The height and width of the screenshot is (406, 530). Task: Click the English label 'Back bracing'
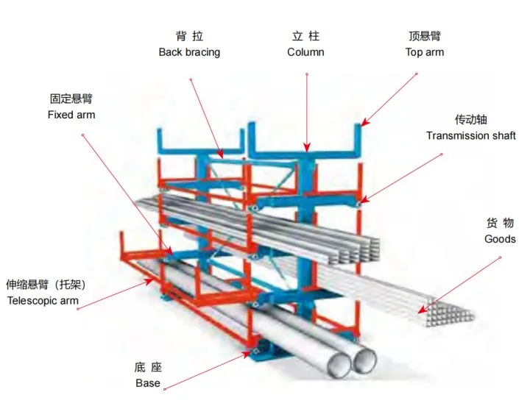pyautogui.click(x=189, y=52)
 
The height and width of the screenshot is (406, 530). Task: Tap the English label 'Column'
pyautogui.click(x=305, y=52)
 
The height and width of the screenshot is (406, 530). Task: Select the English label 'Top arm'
pyautogui.click(x=425, y=52)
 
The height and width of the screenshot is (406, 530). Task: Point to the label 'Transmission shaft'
pyautogui.click(x=471, y=135)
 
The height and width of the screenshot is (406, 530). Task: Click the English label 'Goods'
pyautogui.click(x=500, y=239)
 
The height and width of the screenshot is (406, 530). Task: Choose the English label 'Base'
pyautogui.click(x=148, y=383)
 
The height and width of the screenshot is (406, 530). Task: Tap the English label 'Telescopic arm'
pyautogui.click(x=42, y=300)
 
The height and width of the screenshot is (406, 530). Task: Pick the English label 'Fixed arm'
pyautogui.click(x=71, y=115)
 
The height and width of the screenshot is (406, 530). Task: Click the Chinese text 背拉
pyautogui.click(x=189, y=36)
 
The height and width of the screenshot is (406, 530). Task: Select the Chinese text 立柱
pyautogui.click(x=305, y=36)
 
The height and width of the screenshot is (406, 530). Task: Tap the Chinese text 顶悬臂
pyautogui.click(x=425, y=36)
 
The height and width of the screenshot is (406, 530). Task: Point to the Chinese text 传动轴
pyautogui.click(x=471, y=119)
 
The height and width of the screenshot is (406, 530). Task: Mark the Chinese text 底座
pyautogui.click(x=148, y=367)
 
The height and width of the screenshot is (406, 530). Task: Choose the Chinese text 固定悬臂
pyautogui.click(x=71, y=99)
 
